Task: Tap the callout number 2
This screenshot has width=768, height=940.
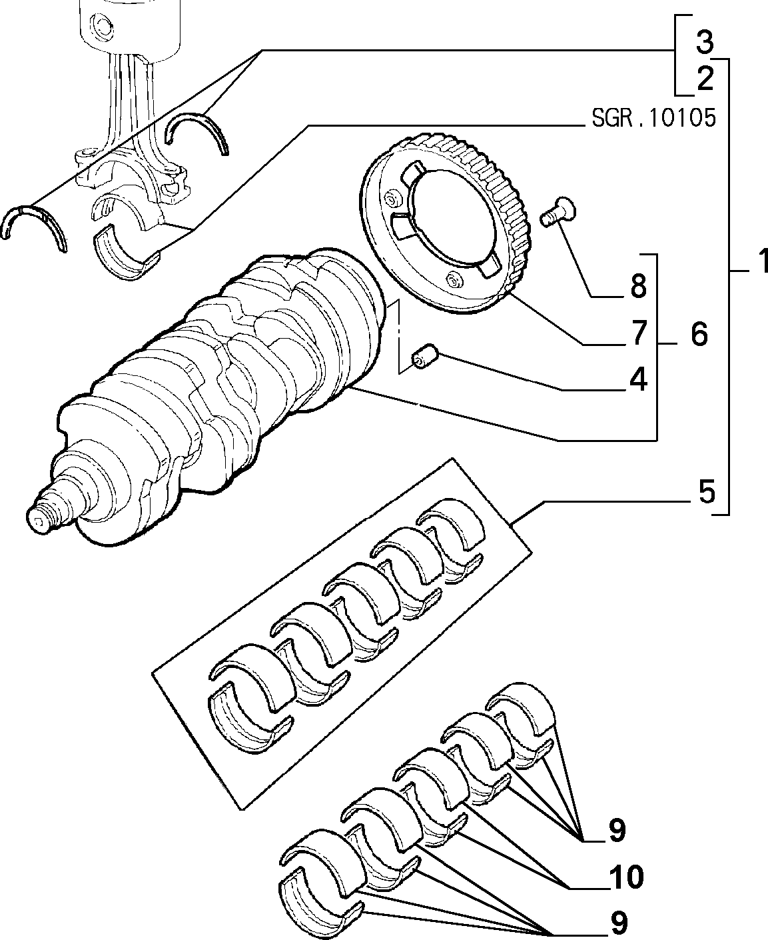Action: [705, 79]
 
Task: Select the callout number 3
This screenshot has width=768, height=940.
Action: [704, 43]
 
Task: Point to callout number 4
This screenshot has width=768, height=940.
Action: [638, 379]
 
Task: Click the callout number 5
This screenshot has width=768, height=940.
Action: [707, 491]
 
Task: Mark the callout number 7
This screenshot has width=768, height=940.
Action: [639, 333]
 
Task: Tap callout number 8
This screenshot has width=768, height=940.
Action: [638, 286]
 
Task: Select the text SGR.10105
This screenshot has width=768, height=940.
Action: [653, 118]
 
